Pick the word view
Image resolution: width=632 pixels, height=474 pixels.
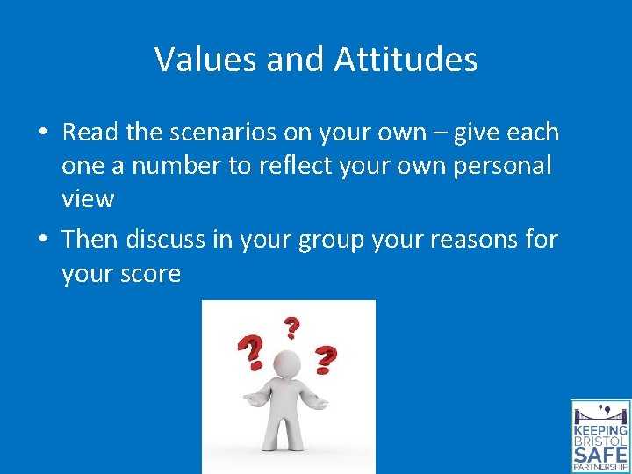(88, 199)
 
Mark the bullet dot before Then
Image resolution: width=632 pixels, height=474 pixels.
(42, 240)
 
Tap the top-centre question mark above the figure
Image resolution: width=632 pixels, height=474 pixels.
(291, 327)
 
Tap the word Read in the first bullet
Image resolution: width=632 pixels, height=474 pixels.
(90, 133)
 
